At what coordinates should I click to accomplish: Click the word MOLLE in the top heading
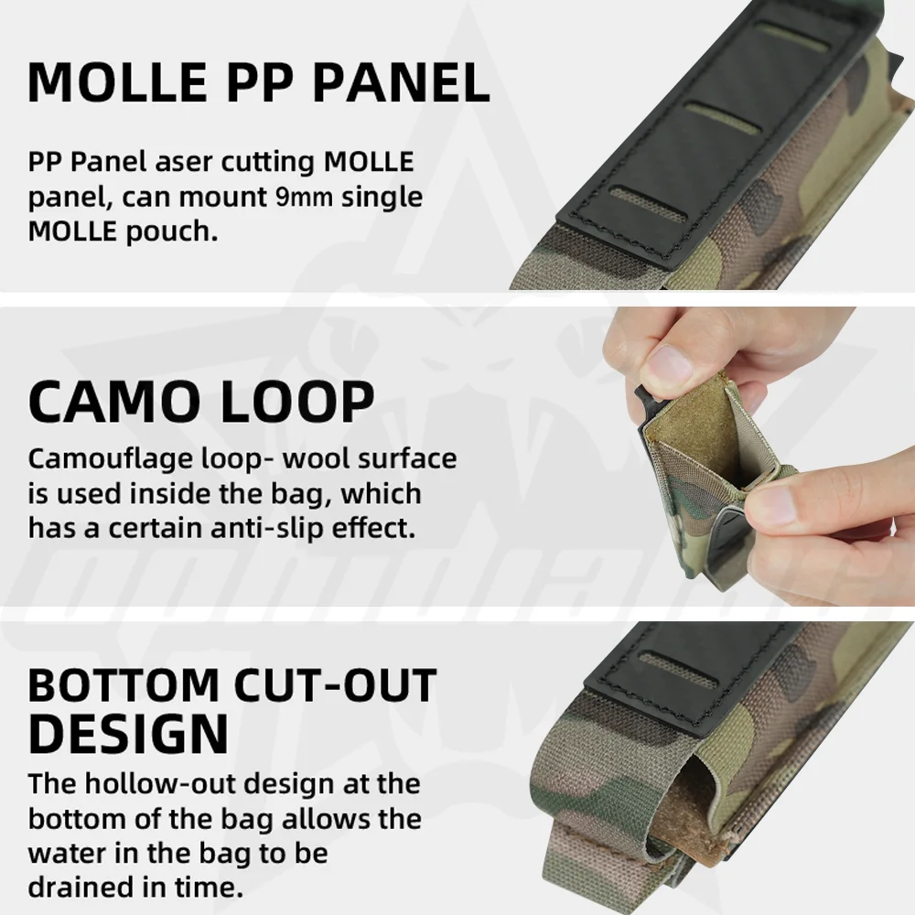pyautogui.click(x=119, y=81)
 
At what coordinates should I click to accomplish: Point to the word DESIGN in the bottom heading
pyautogui.click(x=127, y=731)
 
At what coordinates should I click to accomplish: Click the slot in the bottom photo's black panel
pyautogui.click(x=676, y=662)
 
